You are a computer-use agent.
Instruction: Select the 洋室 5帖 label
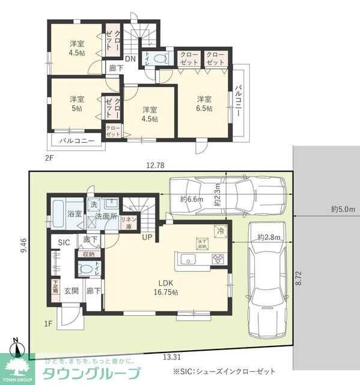pyautogui.click(x=76, y=103)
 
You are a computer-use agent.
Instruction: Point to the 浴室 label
pyautogui.click(x=75, y=214)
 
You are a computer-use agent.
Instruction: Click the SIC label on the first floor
pyautogui.click(x=64, y=242)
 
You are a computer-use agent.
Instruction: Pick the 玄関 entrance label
pyautogui.click(x=72, y=291)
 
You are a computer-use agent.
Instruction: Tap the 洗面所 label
pyautogui.click(x=106, y=216)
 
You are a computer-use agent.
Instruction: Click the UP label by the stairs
pyautogui.click(x=147, y=237)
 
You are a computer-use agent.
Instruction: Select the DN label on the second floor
pyautogui.click(x=130, y=59)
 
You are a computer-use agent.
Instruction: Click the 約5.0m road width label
pyautogui.click(x=343, y=209)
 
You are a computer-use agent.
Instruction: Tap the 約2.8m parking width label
pyautogui.click(x=268, y=238)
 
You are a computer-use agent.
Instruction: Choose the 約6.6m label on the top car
pyautogui.click(x=192, y=200)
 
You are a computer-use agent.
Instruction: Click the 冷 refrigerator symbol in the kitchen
pyautogui.click(x=221, y=229)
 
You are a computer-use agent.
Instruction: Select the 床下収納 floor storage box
pyautogui.click(x=201, y=243)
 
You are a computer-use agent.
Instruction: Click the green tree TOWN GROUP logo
pyautogui.click(x=18, y=368)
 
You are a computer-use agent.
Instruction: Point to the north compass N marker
pyautogui.click(x=17, y=344)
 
